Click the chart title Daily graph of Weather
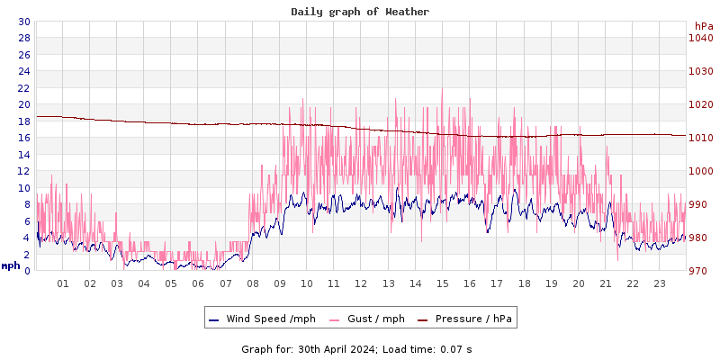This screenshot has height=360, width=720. click(x=360, y=12)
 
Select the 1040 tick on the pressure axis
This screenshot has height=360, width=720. click(x=701, y=38)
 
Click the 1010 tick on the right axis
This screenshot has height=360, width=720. click(x=701, y=138)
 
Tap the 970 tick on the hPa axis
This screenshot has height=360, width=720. click(x=701, y=271)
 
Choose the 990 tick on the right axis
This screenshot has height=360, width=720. click(x=701, y=204)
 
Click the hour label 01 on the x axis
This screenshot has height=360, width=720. click(x=63, y=283)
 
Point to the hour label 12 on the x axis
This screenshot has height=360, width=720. click(x=361, y=283)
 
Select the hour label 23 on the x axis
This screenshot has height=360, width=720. click(x=660, y=283)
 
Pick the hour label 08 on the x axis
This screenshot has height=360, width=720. click(x=252, y=283)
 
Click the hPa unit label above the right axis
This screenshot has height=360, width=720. click(x=703, y=26)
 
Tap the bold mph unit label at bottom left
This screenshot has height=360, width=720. click(x=11, y=265)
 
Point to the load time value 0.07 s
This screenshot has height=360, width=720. click(x=456, y=348)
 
